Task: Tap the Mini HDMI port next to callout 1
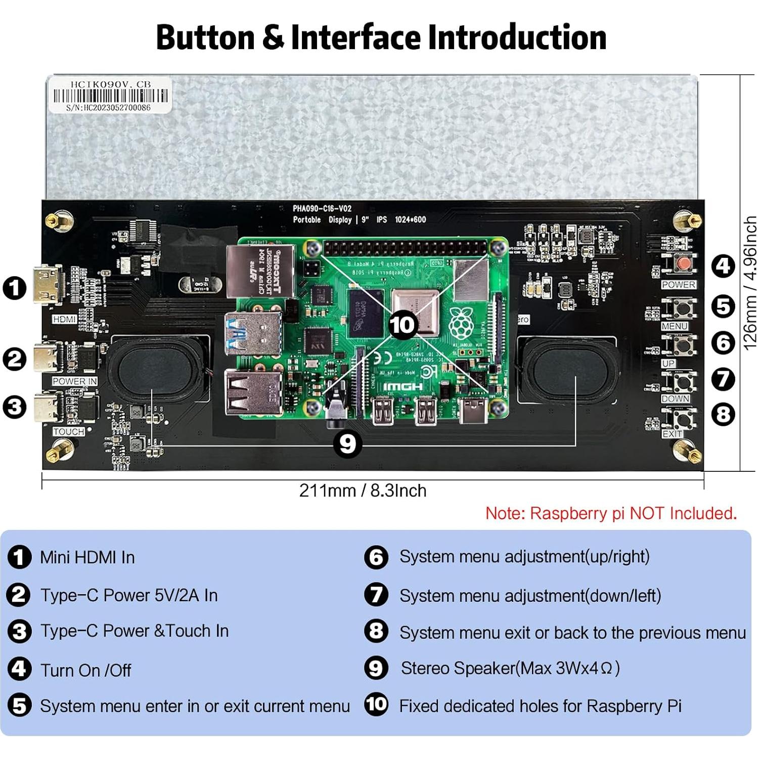[x=48, y=285]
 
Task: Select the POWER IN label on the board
[x=74, y=381]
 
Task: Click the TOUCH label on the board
[x=68, y=431]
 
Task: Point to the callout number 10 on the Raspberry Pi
[x=402, y=325]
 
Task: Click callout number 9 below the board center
[x=347, y=443]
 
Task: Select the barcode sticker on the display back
[x=111, y=95]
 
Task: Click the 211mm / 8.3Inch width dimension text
[x=363, y=491]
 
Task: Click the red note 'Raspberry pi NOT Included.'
[x=611, y=513]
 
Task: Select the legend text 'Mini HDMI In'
[x=87, y=557]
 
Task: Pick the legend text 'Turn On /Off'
[x=85, y=670]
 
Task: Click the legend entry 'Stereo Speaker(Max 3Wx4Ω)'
[x=510, y=668]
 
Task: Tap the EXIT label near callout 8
[x=672, y=434]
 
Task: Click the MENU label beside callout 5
[x=674, y=326]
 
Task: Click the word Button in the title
[x=205, y=37]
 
